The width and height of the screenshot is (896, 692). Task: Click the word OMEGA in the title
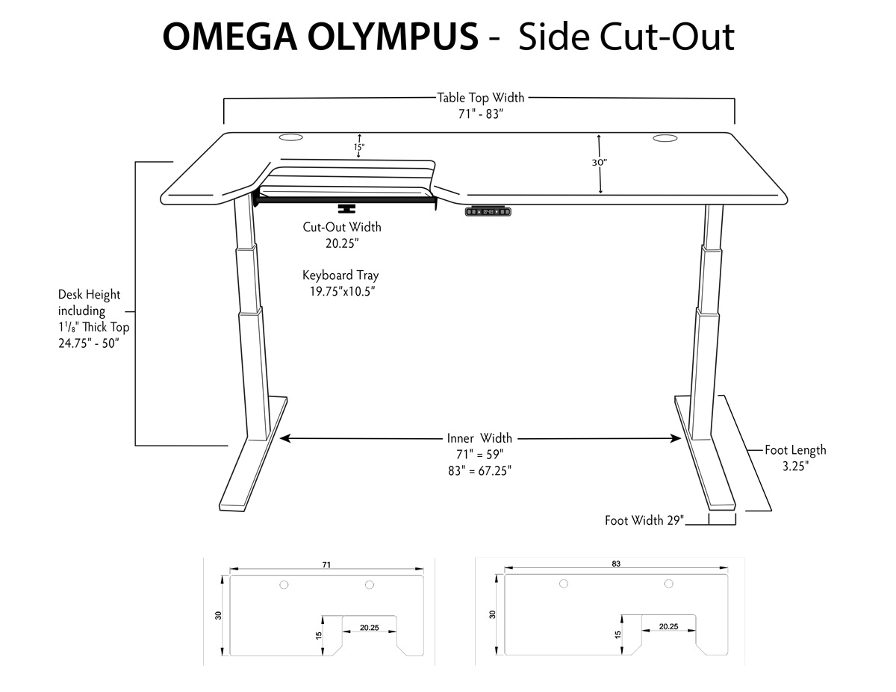[230, 37]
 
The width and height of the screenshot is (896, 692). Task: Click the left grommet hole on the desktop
[290, 137]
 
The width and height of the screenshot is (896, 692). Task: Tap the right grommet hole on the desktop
[665, 138]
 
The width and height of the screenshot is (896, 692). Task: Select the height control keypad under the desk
[488, 211]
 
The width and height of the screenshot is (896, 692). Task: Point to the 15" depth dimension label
[358, 147]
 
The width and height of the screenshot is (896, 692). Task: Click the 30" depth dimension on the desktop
[599, 163]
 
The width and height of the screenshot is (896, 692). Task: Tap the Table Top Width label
[481, 98]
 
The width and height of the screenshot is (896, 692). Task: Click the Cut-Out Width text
[342, 227]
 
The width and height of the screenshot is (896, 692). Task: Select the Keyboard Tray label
[340, 275]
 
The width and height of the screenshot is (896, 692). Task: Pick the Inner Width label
[479, 437]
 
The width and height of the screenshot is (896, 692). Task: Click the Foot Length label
[795, 449]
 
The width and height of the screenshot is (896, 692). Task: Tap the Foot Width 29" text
[644, 520]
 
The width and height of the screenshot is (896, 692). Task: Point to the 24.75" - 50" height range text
[89, 343]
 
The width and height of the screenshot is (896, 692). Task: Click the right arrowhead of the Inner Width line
[676, 438]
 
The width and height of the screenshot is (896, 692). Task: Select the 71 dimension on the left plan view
[326, 564]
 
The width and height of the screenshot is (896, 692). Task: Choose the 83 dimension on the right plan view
[616, 564]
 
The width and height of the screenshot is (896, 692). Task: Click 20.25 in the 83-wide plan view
[668, 626]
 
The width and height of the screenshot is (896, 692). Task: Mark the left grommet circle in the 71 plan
[284, 585]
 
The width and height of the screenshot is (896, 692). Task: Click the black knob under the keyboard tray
[346, 208]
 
